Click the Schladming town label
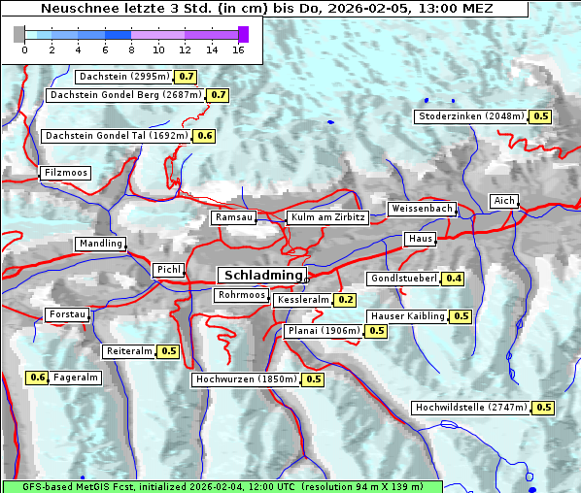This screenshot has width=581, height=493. [260, 276]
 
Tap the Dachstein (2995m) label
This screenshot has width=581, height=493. [123, 77]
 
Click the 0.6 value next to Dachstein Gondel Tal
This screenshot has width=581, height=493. [204, 136]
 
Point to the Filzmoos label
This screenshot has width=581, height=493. [65, 173]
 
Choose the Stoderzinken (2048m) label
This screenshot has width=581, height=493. [471, 116]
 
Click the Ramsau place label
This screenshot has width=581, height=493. [234, 218]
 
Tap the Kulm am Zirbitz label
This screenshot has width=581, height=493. [328, 218]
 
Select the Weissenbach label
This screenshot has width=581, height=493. [422, 209]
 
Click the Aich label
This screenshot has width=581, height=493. [503, 201]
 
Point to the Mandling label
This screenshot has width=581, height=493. [101, 244]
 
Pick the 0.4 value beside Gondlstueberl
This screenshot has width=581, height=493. [453, 279]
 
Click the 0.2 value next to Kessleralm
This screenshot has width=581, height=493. [345, 301]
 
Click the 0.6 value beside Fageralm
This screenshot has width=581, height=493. [38, 378]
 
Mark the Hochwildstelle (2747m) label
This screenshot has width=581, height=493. [470, 408]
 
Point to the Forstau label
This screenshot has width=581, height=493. [67, 314]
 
